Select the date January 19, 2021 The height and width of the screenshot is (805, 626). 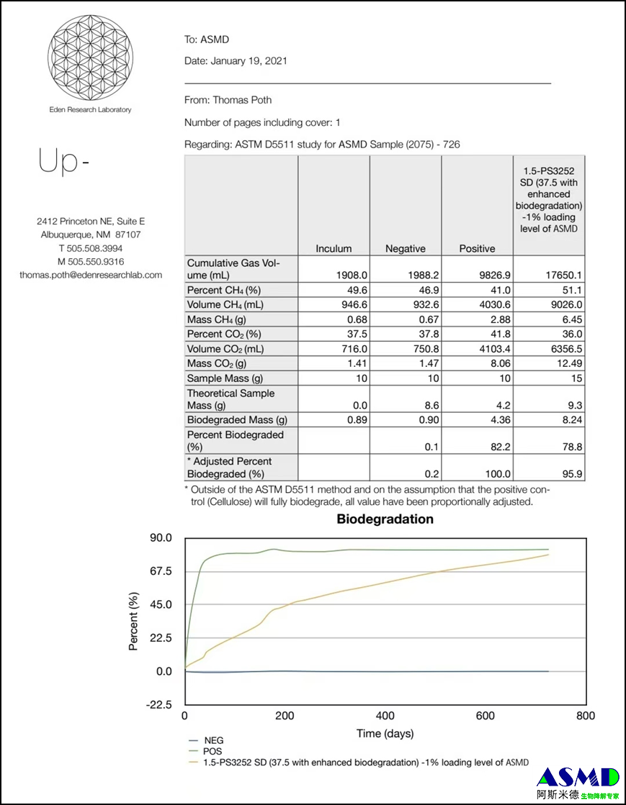249,61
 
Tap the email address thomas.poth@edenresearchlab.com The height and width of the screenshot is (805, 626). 91,275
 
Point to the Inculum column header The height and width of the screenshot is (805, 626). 334,249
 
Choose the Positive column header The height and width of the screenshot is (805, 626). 477,249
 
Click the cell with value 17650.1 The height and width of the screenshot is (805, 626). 550,274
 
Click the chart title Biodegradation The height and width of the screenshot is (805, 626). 385,519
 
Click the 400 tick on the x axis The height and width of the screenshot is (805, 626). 385,716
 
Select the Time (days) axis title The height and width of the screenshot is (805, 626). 385,734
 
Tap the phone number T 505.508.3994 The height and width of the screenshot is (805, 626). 91,248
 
